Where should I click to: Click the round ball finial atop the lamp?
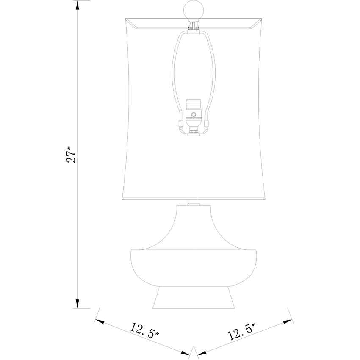pos(194,10)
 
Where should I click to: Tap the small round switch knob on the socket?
pos(194,114)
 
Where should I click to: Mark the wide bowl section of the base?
pos(194,267)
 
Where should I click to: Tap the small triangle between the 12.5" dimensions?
pos(194,352)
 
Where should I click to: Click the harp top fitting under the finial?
pos(194,26)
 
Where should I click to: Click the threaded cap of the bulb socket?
pos(194,104)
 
